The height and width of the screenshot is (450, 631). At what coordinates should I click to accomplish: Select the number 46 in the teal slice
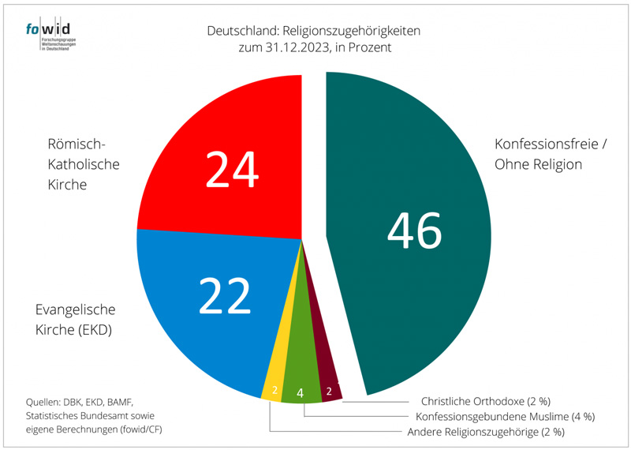tap(415, 231)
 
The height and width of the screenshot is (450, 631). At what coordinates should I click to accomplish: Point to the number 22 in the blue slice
tap(225, 296)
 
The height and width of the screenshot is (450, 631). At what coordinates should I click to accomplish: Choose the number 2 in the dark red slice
tap(328, 389)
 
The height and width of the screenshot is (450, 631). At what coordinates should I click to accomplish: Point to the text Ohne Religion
tap(538, 165)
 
